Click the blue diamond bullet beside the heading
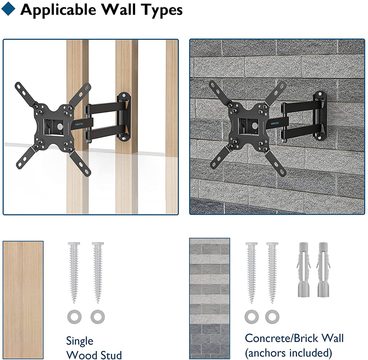tap(8, 8)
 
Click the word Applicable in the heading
tap(58, 10)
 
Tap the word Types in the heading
tap(162, 10)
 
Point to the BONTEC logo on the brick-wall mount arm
tap(275, 124)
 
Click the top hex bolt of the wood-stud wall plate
tap(124, 94)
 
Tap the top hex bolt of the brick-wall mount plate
tap(320, 94)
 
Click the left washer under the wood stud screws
tap(75, 317)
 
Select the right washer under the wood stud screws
tap(98, 317)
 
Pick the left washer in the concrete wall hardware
tap(252, 317)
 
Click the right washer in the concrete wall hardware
tap(272, 317)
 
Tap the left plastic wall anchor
tap(304, 270)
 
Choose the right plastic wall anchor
tap(323, 270)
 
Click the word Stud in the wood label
tap(111, 355)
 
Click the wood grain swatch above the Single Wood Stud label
tap(23, 300)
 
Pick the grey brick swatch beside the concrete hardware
tap(209, 298)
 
